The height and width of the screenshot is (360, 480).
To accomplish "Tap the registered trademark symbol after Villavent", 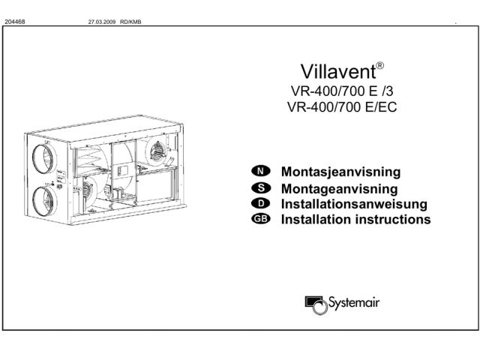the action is pos(380,65).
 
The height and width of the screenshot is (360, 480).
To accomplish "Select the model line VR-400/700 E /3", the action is pos(342,91).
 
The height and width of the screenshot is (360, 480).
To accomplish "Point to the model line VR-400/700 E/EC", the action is pos(342,107).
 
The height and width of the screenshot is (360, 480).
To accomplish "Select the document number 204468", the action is pos(15,22).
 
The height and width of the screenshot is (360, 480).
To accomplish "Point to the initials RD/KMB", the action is pos(130,22).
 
